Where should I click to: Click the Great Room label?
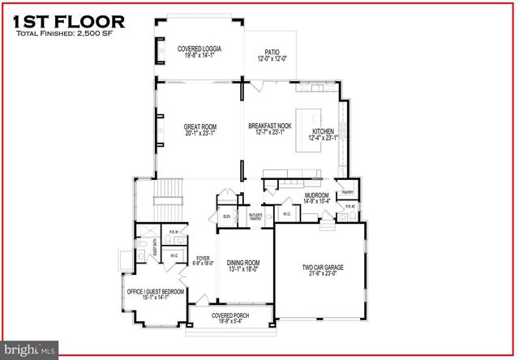tap(199, 131)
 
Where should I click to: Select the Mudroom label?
tap(316, 199)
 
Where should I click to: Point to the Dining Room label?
tap(243, 266)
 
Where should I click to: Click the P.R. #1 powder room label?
tap(173, 234)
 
